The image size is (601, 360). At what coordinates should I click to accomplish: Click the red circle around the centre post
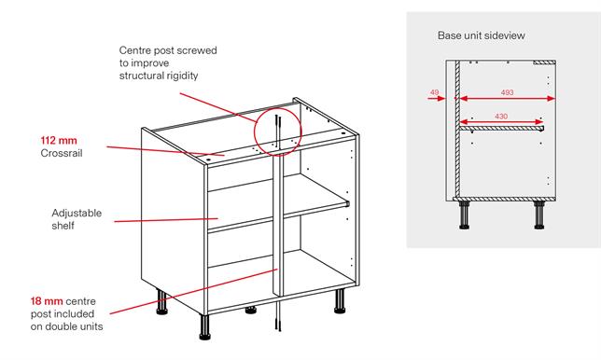pos(277,132)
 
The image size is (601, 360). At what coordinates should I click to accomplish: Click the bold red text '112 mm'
pos(58,141)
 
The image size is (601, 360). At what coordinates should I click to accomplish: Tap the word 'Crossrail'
pos(62,153)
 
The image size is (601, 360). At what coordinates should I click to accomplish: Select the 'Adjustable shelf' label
pos(77,219)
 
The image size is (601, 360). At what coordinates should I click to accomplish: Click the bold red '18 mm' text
pos(48,301)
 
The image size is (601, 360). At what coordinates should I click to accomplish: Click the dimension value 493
pos(507,92)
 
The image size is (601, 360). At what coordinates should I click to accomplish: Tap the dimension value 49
pos(435,92)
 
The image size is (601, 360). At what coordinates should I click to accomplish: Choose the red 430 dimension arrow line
pos(504,121)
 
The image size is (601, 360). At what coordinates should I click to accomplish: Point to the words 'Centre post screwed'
pos(167,48)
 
